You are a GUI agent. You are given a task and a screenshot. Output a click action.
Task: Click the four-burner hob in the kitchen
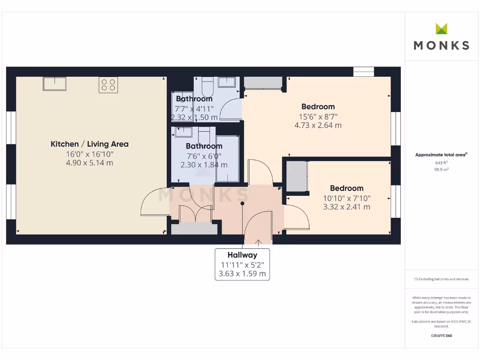(x=108, y=85)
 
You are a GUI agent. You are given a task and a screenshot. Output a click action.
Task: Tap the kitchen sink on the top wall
(x=55, y=84)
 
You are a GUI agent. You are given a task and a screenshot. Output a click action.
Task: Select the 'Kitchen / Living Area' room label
(x=90, y=144)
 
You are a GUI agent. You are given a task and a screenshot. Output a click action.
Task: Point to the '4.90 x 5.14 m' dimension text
(x=90, y=163)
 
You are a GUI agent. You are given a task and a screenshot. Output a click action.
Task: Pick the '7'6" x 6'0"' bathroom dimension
(x=204, y=156)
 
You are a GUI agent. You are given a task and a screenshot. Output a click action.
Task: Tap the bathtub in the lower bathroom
(x=228, y=158)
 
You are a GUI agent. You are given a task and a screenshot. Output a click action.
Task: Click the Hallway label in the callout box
(x=242, y=255)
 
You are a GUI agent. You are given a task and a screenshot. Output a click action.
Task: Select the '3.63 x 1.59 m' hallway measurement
(x=242, y=274)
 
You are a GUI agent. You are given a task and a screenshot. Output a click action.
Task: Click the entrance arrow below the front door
(x=258, y=242)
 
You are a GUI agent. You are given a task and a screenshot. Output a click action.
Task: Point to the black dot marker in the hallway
(x=242, y=203)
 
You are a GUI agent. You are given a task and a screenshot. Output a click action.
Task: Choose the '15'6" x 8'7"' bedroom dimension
(x=318, y=116)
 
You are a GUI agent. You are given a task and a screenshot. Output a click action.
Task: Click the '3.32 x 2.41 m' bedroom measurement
(x=346, y=207)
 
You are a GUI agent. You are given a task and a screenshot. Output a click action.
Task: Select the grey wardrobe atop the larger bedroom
(x=263, y=83)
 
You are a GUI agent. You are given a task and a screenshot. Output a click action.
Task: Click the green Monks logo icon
(x=441, y=29)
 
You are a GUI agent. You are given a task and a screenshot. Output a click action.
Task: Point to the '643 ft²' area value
(x=441, y=163)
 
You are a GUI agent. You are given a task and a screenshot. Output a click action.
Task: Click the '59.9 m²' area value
(x=441, y=169)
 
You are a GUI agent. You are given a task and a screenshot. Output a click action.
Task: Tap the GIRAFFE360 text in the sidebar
(x=441, y=336)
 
